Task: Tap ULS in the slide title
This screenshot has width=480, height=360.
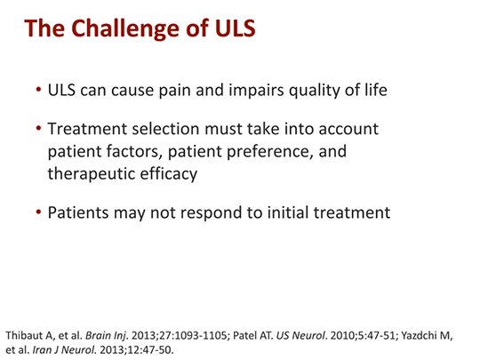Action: click(x=230, y=29)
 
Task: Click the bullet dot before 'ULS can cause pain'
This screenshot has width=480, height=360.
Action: click(x=38, y=92)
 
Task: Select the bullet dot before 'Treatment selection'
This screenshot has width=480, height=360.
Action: click(x=38, y=130)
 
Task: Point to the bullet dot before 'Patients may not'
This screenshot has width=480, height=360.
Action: click(x=38, y=212)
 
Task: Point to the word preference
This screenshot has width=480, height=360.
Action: click(x=252, y=152)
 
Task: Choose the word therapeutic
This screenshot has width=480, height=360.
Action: click(x=92, y=173)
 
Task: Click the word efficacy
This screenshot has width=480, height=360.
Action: click(x=171, y=173)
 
